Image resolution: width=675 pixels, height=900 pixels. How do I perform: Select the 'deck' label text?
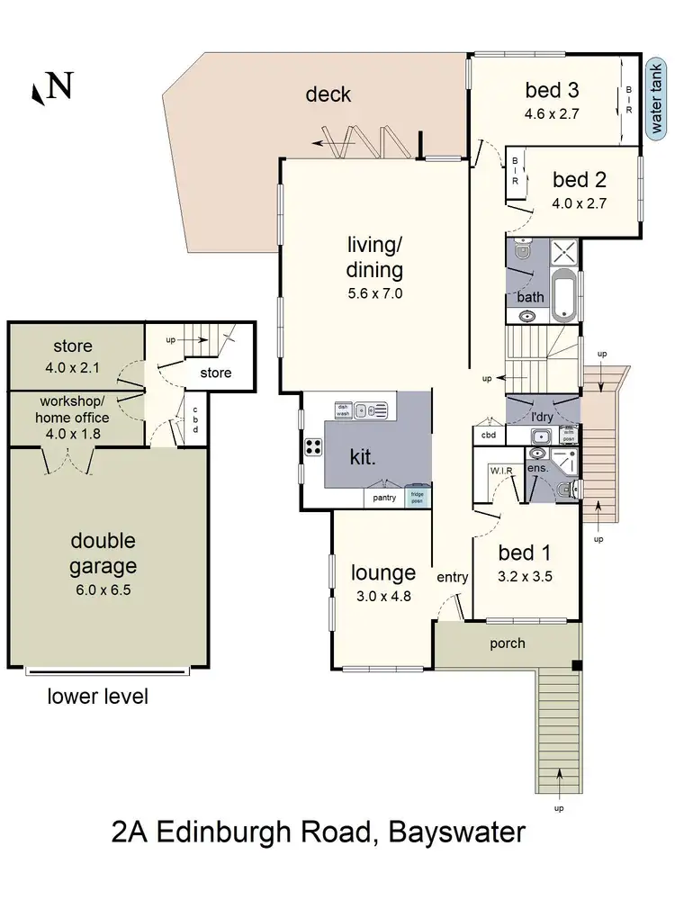tap(328, 94)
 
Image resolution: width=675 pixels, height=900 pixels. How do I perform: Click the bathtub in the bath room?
tap(562, 294)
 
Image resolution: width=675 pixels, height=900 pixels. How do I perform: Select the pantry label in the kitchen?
tap(384, 498)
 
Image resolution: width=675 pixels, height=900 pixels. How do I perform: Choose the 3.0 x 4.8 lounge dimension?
tap(383, 594)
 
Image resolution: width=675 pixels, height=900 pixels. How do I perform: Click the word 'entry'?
tap(452, 577)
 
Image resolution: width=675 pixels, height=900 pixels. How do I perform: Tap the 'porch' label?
tap(507, 643)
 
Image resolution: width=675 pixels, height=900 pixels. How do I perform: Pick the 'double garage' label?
tap(104, 553)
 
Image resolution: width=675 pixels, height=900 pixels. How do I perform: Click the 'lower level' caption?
tap(98, 696)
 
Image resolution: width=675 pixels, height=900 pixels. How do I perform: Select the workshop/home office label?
tap(73, 409)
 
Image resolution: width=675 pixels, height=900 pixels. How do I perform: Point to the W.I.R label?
tap(499, 470)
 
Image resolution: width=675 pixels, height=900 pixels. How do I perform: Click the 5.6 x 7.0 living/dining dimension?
tap(374, 292)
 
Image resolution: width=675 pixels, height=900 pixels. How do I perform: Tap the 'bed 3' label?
tap(551, 90)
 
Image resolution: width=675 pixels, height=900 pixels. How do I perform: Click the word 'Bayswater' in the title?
tap(456, 832)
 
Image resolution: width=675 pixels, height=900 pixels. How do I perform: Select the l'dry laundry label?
tap(542, 417)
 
